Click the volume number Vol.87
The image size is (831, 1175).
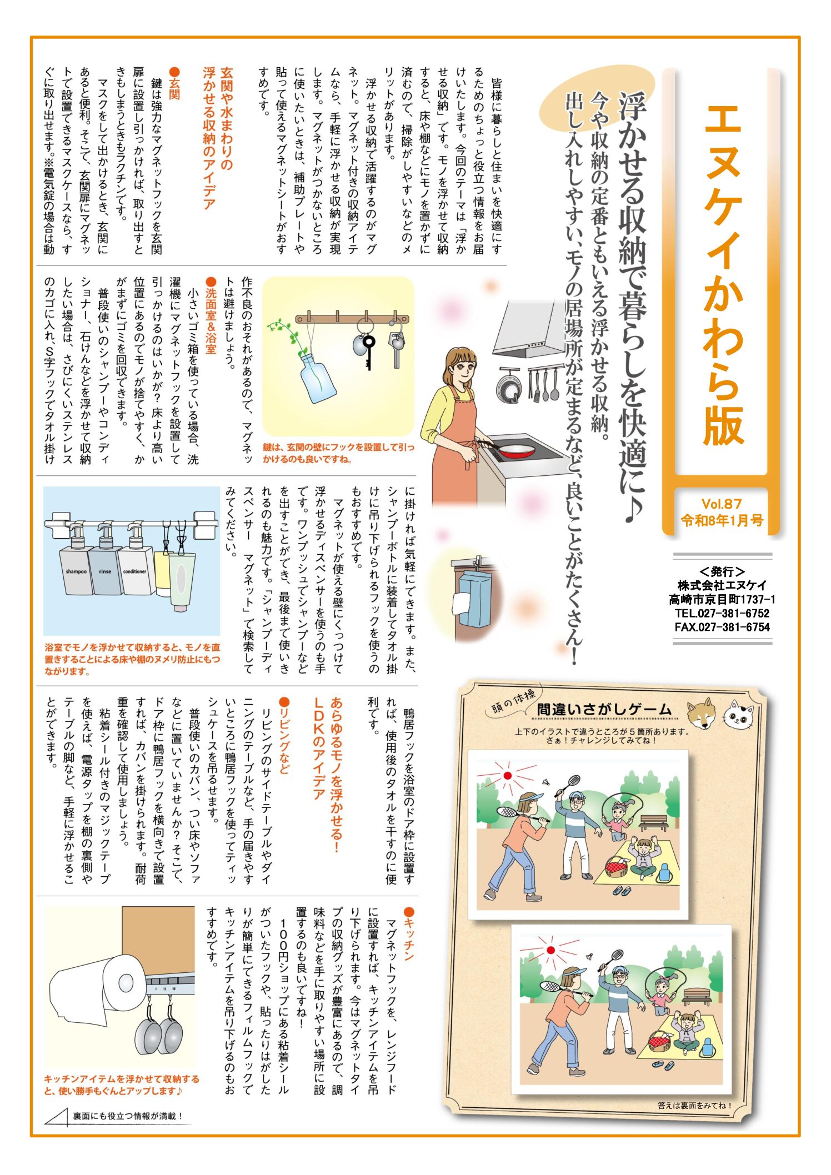[x=721, y=504]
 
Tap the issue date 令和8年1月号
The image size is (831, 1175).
[x=722, y=520]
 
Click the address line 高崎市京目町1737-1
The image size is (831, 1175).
[x=722, y=599]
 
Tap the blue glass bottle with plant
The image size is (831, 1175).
[x=317, y=378]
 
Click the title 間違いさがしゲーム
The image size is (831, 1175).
[x=604, y=710]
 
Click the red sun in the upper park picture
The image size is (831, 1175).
[x=507, y=776]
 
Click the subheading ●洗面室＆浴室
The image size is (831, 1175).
[x=211, y=315]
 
